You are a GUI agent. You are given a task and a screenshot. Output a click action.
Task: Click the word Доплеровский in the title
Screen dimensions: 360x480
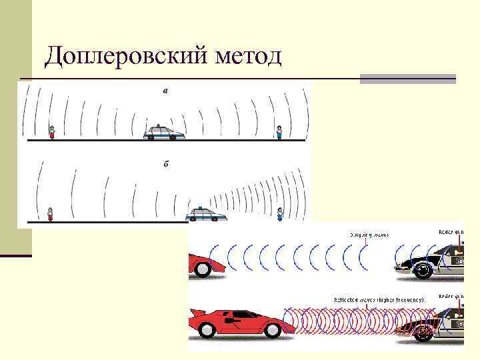click(x=127, y=57)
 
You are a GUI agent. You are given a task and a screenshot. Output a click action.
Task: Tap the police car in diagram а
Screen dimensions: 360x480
click(x=164, y=132)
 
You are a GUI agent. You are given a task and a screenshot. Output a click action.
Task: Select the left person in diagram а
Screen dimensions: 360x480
click(x=52, y=133)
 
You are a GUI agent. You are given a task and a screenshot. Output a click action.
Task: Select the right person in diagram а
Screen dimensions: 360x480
click(x=279, y=133)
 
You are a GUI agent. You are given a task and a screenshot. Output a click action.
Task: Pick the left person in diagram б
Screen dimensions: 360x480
click(x=50, y=214)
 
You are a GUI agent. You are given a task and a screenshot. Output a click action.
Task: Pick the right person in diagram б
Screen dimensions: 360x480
click(x=280, y=213)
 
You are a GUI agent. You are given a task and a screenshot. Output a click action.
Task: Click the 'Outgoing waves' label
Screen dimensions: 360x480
click(x=367, y=235)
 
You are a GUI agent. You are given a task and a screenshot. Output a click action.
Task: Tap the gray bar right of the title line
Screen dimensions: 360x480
click(x=407, y=79)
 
